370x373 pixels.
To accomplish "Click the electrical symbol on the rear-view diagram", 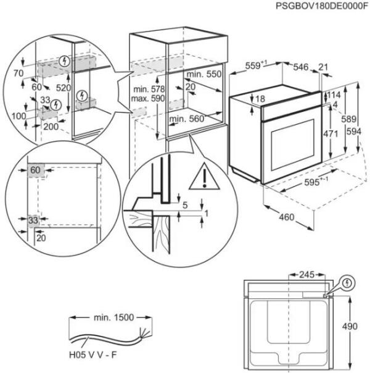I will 349,283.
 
